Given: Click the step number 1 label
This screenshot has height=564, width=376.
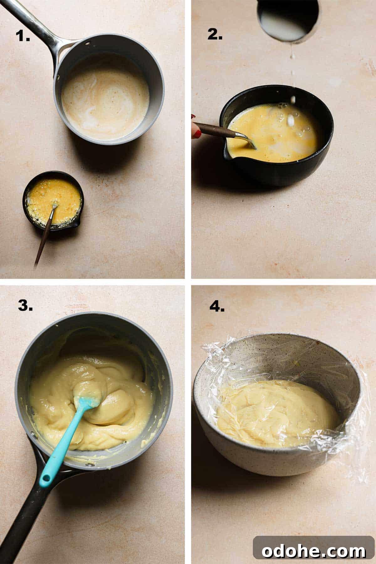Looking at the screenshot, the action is point(23,36).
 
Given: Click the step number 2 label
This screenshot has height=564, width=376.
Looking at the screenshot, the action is point(215,34).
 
